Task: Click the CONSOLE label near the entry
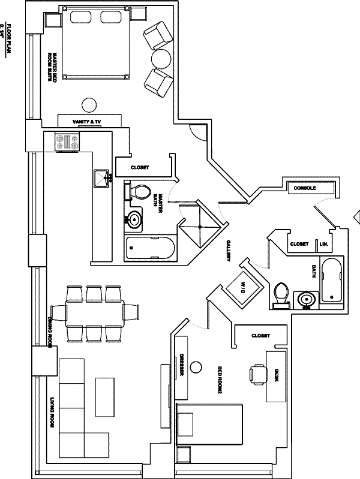[x=305, y=188]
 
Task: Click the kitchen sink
[x=101, y=178]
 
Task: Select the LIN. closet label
[x=323, y=244]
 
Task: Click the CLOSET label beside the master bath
[x=139, y=167]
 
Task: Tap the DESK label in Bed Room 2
[x=275, y=375]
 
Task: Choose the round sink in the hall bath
[x=307, y=298]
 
